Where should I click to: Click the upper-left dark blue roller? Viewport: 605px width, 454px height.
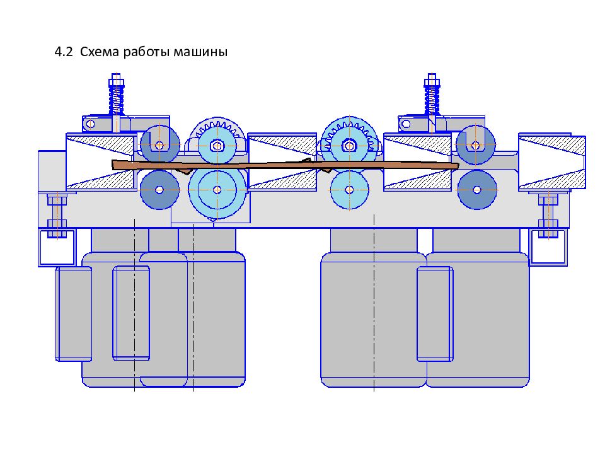tap(159, 145)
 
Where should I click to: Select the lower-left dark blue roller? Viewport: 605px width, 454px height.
tap(158, 189)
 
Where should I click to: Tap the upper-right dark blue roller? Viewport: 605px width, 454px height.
tap(475, 145)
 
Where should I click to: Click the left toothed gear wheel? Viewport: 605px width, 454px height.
tap(217, 142)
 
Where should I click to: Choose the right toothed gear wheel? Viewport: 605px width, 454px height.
tap(350, 144)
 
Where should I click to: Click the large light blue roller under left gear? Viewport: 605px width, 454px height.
tap(217, 189)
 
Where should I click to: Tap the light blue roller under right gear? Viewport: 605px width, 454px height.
tap(349, 189)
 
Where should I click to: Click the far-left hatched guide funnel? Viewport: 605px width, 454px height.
tap(101, 161)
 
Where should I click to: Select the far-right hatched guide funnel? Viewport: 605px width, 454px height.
tap(550, 161)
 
